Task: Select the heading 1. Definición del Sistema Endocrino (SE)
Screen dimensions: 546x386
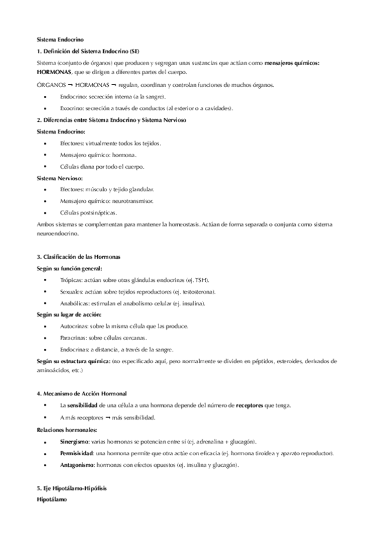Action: pyautogui.click(x=88, y=51)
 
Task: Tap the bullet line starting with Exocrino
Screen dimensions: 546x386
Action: pyautogui.click(x=142, y=108)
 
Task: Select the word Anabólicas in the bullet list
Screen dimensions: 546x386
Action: pyautogui.click(x=74, y=303)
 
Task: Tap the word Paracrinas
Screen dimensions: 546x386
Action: pyautogui.click(x=74, y=338)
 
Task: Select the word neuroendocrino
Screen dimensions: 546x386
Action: pyautogui.click(x=59, y=234)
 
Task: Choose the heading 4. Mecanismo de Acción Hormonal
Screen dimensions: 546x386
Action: pyautogui.click(x=82, y=393)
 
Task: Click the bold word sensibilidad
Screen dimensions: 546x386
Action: pyautogui.click(x=82, y=405)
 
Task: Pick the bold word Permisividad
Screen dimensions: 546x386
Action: pyautogui.click(x=77, y=453)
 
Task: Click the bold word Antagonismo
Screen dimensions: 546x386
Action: pyautogui.click(x=77, y=466)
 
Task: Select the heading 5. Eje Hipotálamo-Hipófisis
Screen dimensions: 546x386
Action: pyautogui.click(x=72, y=489)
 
